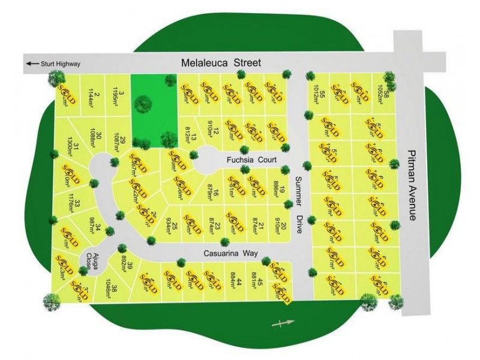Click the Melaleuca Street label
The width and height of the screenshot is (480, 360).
222,62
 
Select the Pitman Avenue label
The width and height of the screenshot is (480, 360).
411,184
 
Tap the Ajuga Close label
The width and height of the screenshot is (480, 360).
91,261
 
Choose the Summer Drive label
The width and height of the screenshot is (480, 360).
300,205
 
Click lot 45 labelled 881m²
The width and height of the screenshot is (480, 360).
257,280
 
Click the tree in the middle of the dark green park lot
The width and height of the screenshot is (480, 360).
142,104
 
